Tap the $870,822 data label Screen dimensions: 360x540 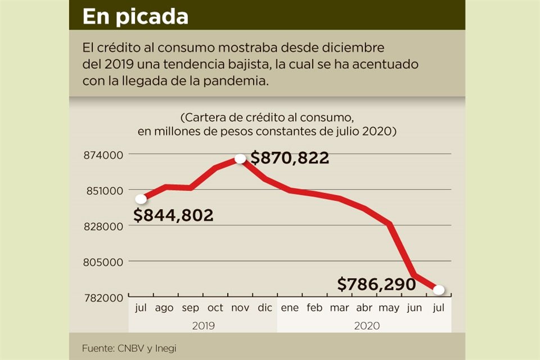(x=290, y=159)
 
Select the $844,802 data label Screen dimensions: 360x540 (x=174, y=215)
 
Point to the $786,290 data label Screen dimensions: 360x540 (x=376, y=284)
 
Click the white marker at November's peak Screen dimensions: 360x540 (x=240, y=159)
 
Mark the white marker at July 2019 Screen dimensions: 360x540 (x=141, y=199)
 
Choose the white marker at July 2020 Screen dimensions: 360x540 (x=439, y=290)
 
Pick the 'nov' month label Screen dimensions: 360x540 (x=240, y=308)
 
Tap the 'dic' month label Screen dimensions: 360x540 (x=265, y=308)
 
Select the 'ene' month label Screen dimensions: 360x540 (x=290, y=308)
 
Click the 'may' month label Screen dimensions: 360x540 (x=389, y=308)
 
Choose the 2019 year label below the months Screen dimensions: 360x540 (x=203, y=325)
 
